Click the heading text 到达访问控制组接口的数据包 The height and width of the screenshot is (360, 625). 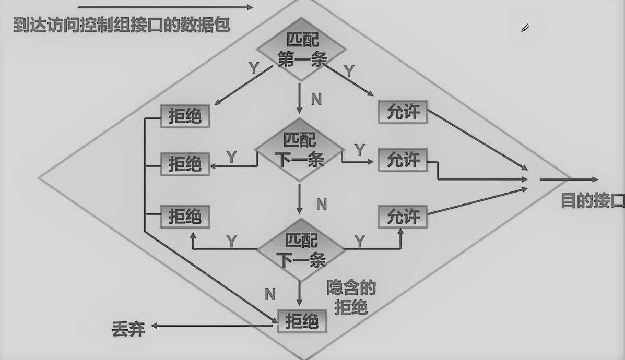[122, 25]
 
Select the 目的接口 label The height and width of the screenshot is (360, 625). [592, 201]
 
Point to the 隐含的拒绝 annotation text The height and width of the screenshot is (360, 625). [351, 297]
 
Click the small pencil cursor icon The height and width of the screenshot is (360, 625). [525, 28]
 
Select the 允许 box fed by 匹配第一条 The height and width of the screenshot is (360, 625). [403, 112]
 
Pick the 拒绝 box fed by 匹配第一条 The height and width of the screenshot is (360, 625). [185, 116]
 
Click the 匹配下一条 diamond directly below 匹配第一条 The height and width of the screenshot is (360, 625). [300, 150]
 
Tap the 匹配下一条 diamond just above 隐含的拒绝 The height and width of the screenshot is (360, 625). [301, 250]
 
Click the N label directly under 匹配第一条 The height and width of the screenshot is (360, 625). [316, 99]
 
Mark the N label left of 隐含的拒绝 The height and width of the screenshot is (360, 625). [269, 294]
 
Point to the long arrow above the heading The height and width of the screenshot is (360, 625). [165, 7]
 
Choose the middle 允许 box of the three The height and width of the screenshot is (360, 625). [403, 160]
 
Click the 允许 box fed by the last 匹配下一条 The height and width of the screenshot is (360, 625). [403, 217]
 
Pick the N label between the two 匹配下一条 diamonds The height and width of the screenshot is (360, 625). [321, 204]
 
